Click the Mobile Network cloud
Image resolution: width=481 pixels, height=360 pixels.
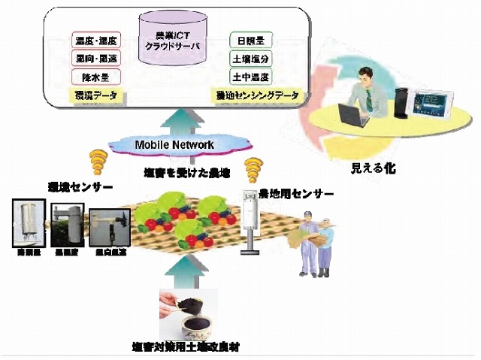pyautogui.click(x=174, y=144)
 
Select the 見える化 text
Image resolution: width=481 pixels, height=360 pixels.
pyautogui.click(x=373, y=169)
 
